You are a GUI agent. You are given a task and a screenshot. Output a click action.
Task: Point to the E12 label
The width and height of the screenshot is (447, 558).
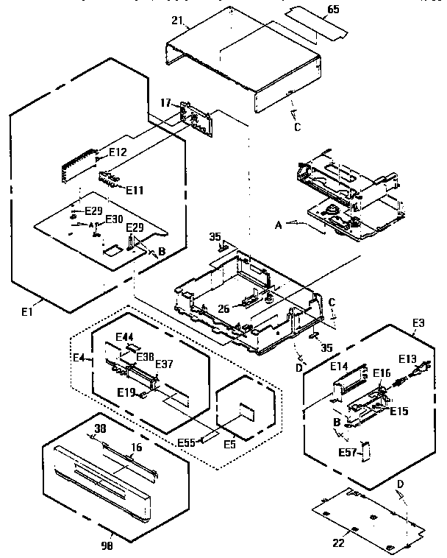pos(118,152)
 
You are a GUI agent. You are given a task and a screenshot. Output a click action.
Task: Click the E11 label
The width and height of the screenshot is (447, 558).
pos(134,189)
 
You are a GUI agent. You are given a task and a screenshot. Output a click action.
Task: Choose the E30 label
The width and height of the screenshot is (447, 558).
pos(114,219)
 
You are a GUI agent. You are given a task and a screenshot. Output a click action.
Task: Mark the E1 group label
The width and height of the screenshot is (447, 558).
pos(27,311)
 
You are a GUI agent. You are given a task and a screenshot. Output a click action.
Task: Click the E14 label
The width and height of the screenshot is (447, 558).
pos(339,366)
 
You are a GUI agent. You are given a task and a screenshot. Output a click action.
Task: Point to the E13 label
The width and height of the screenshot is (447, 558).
pos(407,359)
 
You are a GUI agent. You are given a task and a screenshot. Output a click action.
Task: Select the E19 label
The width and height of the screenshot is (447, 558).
pos(126,392)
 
